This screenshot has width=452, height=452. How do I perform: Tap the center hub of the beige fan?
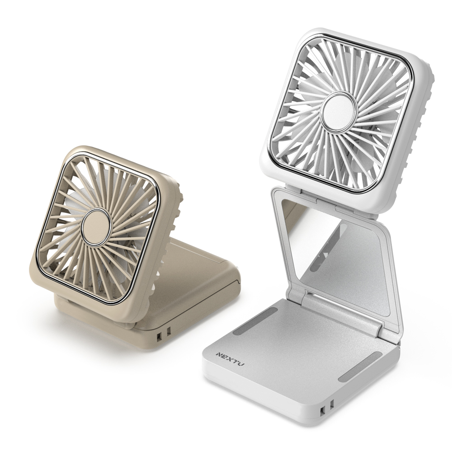click(96, 227)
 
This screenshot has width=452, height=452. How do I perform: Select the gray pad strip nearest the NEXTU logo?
click(255, 321)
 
